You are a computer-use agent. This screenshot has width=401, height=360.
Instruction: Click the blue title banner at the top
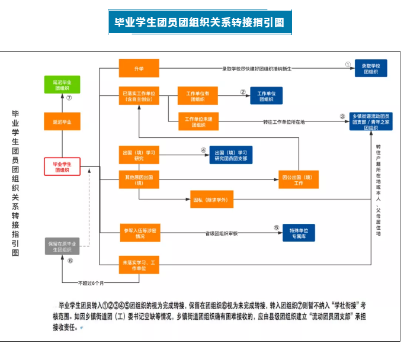tap(200, 22)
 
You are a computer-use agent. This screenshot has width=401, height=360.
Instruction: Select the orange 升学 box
tap(139, 68)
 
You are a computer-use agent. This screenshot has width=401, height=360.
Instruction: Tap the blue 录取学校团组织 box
tap(371, 68)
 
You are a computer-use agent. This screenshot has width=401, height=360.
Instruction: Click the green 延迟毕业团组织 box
tap(62, 83)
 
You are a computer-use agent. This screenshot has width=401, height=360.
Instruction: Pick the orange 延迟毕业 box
tap(62, 121)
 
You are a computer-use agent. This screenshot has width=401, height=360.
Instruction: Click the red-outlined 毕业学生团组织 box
tap(62, 166)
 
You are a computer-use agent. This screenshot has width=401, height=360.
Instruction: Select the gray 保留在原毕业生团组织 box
tap(62, 246)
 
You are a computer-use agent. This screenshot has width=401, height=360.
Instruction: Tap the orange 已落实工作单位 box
tap(139, 96)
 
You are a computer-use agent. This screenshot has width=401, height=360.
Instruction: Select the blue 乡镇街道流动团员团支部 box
tap(371, 121)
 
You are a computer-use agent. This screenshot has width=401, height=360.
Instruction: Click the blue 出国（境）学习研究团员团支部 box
tap(230, 155)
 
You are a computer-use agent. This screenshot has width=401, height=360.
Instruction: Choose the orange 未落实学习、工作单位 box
tap(139, 265)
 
